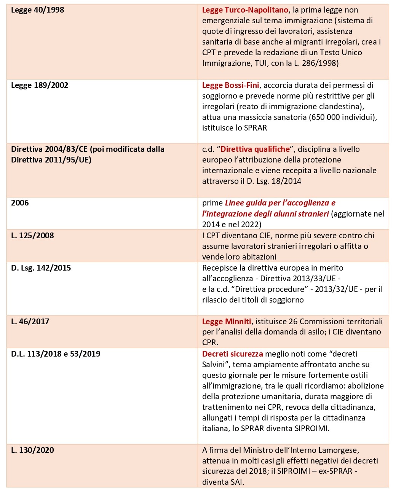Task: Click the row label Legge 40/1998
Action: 38,10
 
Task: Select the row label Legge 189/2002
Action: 40,85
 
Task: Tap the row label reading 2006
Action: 20,203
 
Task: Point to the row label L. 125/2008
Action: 32,236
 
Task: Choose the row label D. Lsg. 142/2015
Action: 41,268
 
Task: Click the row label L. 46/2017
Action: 30,322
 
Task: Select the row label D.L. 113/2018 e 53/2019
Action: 56,354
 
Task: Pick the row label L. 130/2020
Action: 32,450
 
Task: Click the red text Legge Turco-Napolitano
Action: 245,10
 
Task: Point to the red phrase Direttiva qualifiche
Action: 255,149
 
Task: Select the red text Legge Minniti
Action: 227,322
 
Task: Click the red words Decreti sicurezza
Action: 232,354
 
